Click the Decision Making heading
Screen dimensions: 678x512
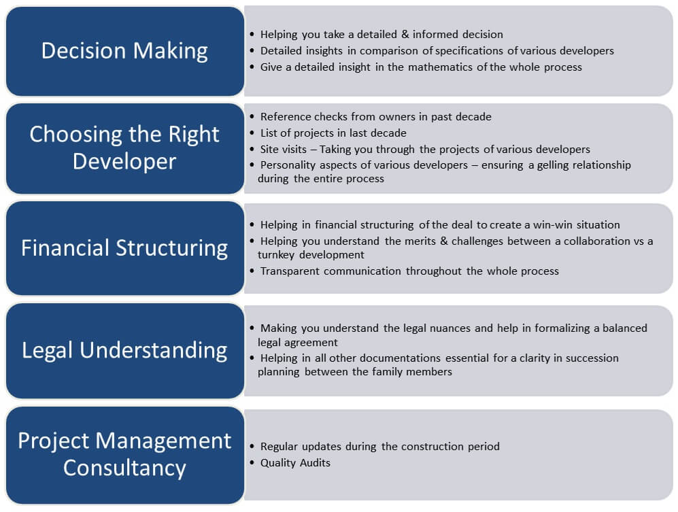124,50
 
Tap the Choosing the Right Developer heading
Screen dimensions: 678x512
124,148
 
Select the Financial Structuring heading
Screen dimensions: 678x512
124,248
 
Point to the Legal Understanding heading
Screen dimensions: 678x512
124,350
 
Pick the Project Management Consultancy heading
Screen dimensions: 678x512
124,454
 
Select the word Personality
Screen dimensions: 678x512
288,165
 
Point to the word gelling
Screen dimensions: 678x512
553,165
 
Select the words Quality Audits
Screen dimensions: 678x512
295,462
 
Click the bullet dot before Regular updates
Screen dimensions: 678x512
252,446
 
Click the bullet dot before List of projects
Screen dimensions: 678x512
252,133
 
